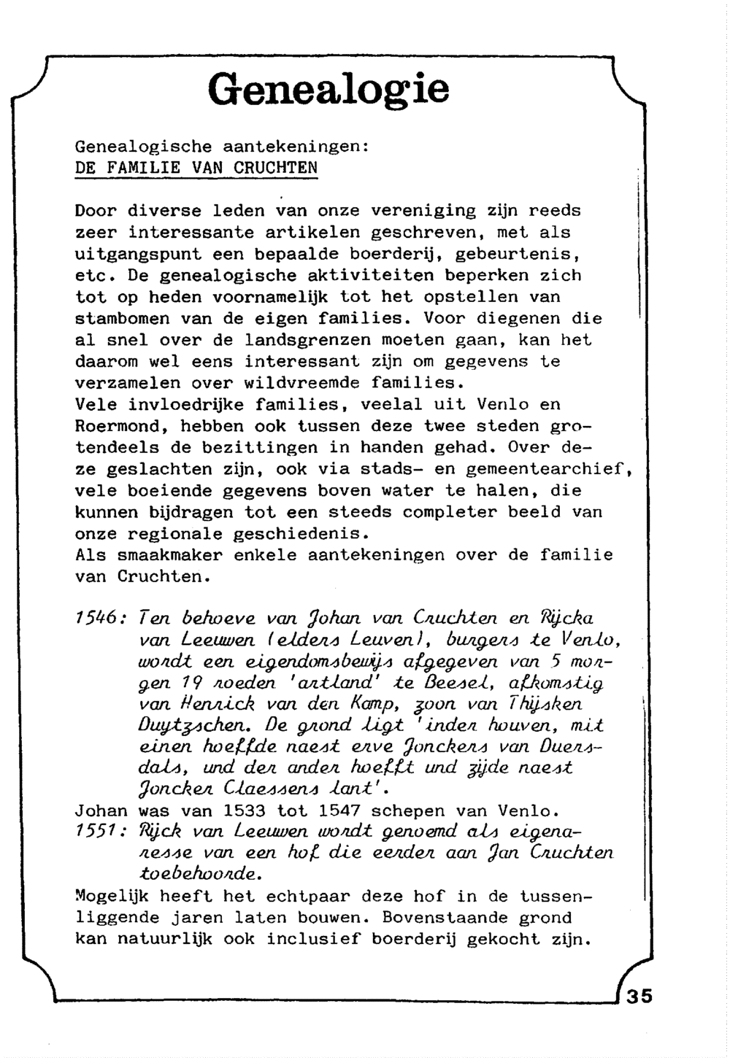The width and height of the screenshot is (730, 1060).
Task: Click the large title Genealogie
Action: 328,90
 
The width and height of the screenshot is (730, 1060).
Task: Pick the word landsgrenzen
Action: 307,340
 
